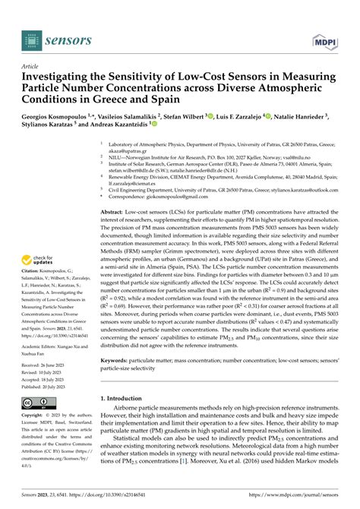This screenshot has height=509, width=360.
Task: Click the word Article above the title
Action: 33,66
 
